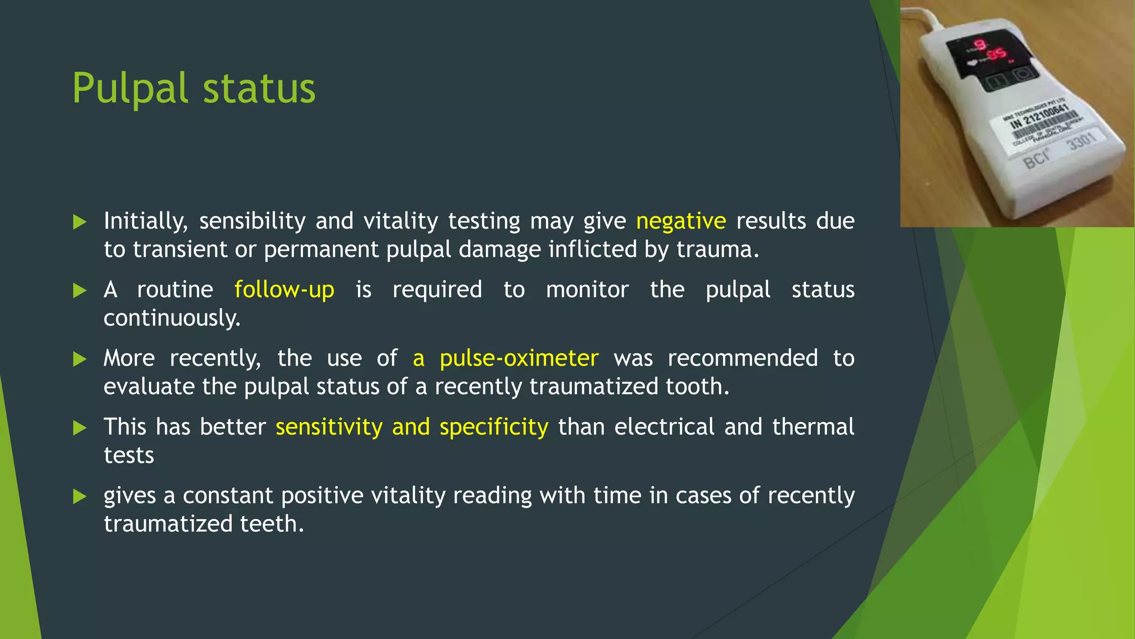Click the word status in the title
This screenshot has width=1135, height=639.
(259, 89)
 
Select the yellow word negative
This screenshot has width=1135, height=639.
(681, 221)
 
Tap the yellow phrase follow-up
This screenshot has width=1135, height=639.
(284, 290)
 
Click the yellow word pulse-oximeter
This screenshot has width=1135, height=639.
(519, 358)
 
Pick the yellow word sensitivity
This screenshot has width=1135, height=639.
(329, 427)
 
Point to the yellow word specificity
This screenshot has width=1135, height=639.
(494, 427)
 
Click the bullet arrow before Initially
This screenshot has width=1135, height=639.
(80, 222)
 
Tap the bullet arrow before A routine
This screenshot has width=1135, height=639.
(80, 291)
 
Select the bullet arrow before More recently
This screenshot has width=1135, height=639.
(80, 359)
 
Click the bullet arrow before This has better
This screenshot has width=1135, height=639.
(80, 428)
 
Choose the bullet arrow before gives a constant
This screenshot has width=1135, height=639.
(80, 496)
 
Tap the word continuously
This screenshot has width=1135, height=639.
(172, 318)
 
